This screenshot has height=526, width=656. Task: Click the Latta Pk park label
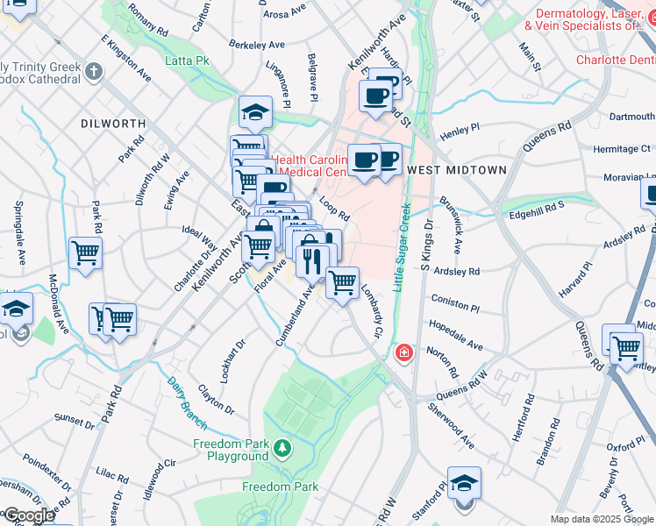[x=188, y=61]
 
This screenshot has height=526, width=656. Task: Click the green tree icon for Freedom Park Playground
[x=282, y=450]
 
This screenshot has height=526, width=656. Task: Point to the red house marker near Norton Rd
[x=403, y=353]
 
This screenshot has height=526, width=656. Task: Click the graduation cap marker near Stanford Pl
[x=464, y=483]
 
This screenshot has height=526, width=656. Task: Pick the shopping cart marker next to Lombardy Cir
[x=342, y=283]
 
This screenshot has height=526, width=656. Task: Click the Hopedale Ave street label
[x=455, y=335]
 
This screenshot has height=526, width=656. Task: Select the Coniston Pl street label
[x=454, y=309]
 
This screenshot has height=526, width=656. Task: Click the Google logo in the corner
[x=28, y=515]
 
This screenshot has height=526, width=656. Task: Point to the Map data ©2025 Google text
[x=602, y=519]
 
